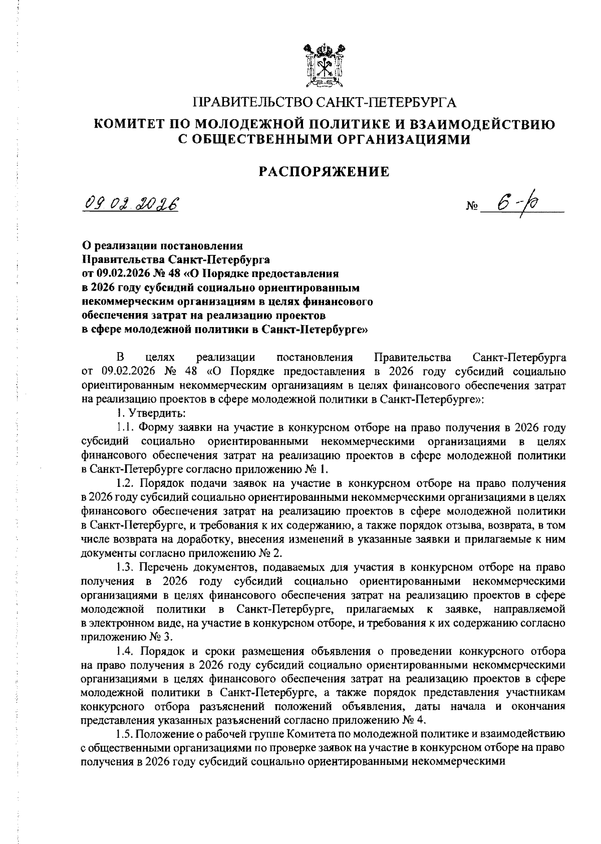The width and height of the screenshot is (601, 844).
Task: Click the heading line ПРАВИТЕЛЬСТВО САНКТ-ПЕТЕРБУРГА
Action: pyautogui.click(x=325, y=103)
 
